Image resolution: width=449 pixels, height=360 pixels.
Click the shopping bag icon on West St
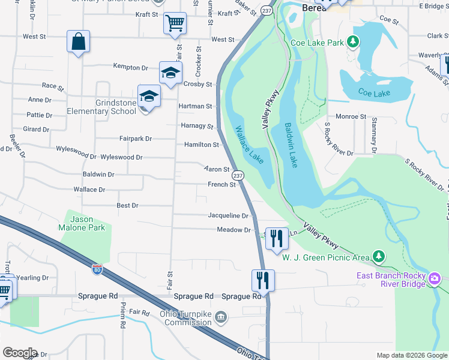coord(78,42)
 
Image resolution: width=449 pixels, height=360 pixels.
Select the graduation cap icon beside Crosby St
coord(170,73)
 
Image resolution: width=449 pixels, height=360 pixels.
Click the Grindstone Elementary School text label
coord(101,107)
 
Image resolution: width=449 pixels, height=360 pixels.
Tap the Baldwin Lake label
coord(291,145)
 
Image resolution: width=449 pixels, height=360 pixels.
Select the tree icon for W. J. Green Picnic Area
coord(378,257)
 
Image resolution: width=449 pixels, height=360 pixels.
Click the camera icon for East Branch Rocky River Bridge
coord(434,279)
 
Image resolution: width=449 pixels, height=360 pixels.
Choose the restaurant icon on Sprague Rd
coord(263,280)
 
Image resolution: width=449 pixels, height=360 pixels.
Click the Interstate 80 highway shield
coord(97,270)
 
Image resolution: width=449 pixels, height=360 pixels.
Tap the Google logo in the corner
coord(19,352)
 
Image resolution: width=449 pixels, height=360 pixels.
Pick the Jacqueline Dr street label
coord(228,215)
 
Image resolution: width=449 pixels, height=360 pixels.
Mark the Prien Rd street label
coord(122,322)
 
